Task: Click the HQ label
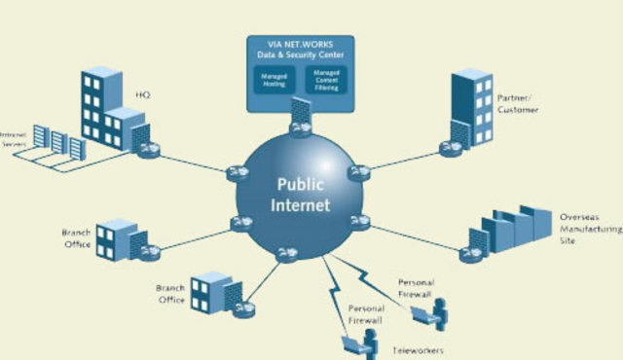pyautogui.click(x=141, y=95)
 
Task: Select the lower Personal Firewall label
pyautogui.click(x=365, y=313)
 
